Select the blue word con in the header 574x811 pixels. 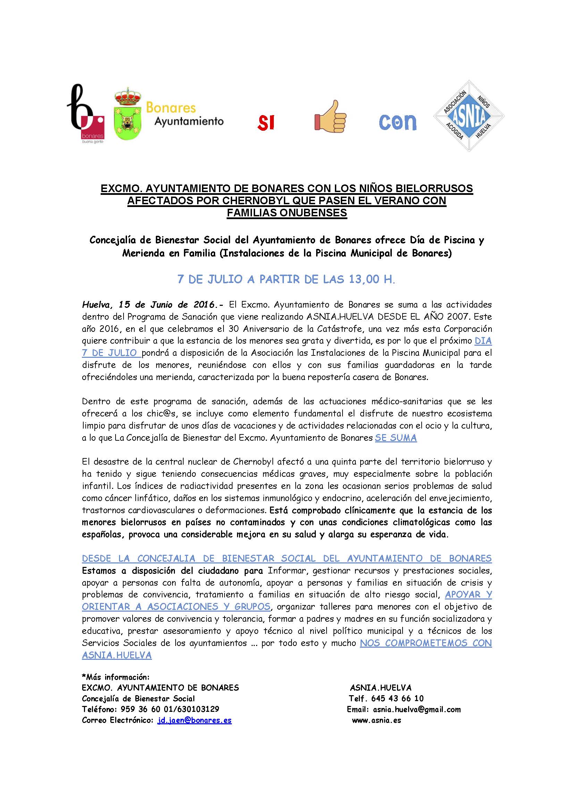point(398,121)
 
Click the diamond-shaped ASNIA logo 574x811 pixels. point(469,116)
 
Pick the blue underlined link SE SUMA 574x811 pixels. point(396,438)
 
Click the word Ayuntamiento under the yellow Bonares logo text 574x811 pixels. point(189,121)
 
